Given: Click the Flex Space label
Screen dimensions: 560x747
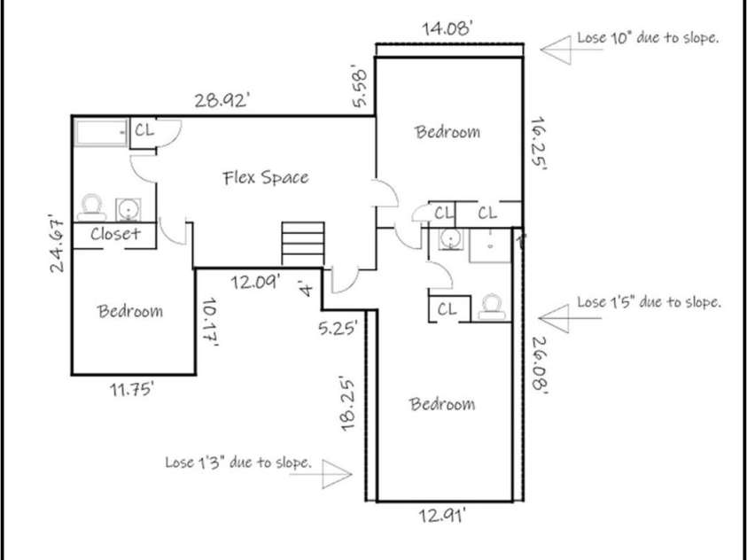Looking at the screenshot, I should pyautogui.click(x=265, y=178).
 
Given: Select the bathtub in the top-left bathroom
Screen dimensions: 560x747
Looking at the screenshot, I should pyautogui.click(x=100, y=134).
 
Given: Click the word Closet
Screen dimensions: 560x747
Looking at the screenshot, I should pyautogui.click(x=115, y=235).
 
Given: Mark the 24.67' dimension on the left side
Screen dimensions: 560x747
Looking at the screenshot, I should pyautogui.click(x=59, y=244).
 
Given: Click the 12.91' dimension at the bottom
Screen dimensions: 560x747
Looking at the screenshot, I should pyautogui.click(x=443, y=514).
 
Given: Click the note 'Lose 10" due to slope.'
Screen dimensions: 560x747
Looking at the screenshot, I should pyautogui.click(x=647, y=39).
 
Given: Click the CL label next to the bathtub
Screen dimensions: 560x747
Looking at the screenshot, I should pyautogui.click(x=144, y=130).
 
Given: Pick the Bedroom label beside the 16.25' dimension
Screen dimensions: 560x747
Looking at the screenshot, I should pyautogui.click(x=447, y=132).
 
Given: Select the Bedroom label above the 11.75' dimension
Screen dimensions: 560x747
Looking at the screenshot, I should pyautogui.click(x=130, y=311).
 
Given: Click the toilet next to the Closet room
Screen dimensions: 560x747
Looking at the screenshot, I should pyautogui.click(x=89, y=206).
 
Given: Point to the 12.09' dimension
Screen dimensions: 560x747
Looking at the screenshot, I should pyautogui.click(x=257, y=284).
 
